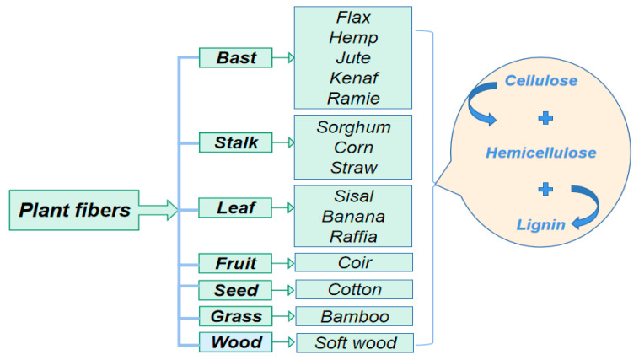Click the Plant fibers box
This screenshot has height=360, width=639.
[x=75, y=210]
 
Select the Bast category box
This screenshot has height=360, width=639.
[x=235, y=57]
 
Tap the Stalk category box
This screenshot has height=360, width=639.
[x=235, y=142]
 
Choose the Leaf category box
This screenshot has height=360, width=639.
[x=235, y=207]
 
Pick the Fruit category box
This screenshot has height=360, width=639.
[x=235, y=263]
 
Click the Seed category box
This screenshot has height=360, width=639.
[x=235, y=290]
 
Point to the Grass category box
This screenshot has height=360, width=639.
[x=235, y=316]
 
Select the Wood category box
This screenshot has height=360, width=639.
[x=235, y=343]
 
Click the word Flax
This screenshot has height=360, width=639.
[x=353, y=18]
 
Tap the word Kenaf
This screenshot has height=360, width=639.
[x=353, y=78]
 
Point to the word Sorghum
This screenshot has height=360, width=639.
[x=353, y=127]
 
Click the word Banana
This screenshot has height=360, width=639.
[x=353, y=216]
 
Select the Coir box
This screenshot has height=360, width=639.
[x=353, y=262]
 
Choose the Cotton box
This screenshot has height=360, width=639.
[x=353, y=289]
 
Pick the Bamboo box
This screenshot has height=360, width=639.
[x=353, y=316]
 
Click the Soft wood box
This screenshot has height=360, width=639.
[x=353, y=343]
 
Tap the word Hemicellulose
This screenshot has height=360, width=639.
[x=540, y=153]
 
